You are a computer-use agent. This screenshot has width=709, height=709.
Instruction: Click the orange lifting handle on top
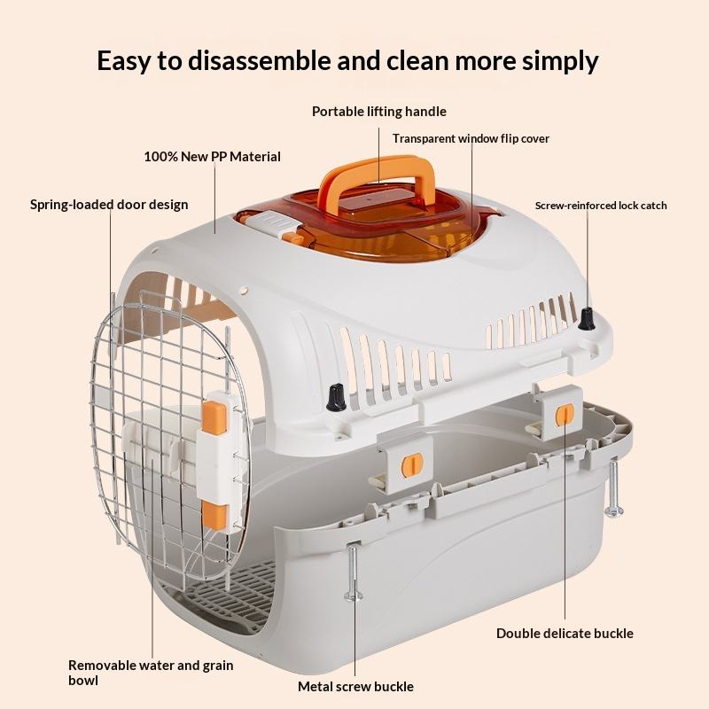[381, 174]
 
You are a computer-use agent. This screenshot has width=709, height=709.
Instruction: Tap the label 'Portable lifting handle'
[378, 112]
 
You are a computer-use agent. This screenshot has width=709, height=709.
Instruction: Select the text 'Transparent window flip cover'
[471, 138]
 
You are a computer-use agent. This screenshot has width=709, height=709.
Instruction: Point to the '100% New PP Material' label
[212, 157]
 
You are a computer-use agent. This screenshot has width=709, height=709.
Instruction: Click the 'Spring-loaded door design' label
[109, 205]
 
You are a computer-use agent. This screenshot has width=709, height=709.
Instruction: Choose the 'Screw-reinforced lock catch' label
[600, 206]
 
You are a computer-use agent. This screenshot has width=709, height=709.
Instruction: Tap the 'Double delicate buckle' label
[565, 633]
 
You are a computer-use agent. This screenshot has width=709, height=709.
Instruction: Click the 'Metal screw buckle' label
[355, 686]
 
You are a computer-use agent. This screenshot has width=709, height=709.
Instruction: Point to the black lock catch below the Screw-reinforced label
[587, 319]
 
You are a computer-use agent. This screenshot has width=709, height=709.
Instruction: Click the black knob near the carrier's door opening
[336, 397]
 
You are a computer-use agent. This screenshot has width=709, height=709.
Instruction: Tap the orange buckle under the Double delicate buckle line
[565, 414]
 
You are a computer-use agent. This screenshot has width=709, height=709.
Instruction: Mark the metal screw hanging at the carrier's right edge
[613, 487]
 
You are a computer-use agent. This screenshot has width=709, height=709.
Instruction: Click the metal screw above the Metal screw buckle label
[354, 572]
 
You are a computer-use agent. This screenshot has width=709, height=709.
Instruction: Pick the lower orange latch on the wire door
[212, 514]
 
